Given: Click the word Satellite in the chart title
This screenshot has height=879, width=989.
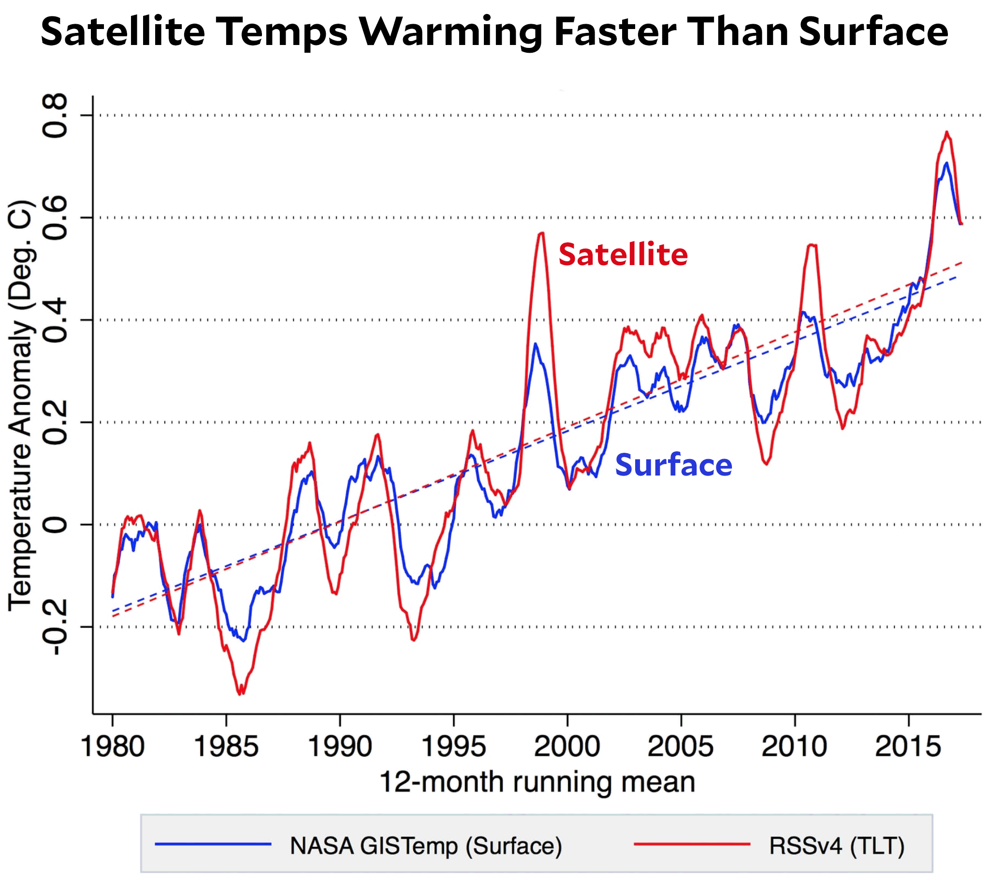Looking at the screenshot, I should (123, 32).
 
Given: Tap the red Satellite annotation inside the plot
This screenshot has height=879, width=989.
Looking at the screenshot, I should (623, 255).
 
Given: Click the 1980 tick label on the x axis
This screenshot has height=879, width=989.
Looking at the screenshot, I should (112, 746).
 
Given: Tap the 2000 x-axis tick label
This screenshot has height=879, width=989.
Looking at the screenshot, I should (567, 746).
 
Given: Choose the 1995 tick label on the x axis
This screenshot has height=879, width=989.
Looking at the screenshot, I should (453, 746).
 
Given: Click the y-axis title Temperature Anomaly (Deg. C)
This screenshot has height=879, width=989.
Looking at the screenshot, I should (20, 405).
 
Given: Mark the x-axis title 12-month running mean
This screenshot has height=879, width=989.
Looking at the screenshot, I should (537, 782).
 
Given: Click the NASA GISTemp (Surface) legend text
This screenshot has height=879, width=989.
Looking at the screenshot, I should (426, 846).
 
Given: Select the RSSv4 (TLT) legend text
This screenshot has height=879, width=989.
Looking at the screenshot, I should (837, 846).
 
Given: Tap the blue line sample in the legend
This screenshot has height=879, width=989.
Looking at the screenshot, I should (213, 844).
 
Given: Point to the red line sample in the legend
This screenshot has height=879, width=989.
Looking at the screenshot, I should (691, 844).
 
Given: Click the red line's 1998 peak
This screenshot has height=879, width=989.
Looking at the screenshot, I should (541, 234).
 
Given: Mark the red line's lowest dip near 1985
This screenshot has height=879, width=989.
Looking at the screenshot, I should (240, 694).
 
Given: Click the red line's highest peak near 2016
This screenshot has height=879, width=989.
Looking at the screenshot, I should (947, 132).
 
